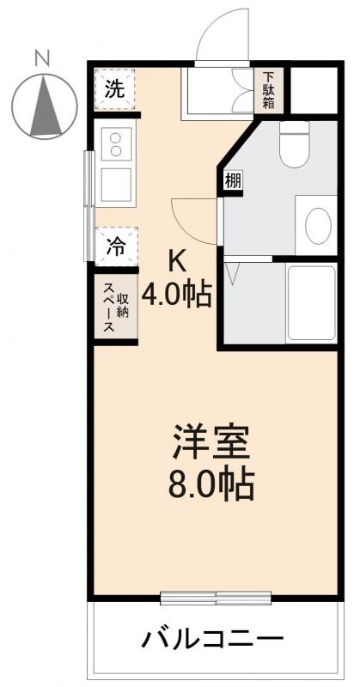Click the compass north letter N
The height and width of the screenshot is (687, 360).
pos(40,58)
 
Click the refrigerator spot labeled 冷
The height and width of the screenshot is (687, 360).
pos(115,246)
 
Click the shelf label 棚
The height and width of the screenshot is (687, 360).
pos(232,181)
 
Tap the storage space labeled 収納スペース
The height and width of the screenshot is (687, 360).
pos(115,308)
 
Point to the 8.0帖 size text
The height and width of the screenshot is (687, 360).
pos(211,486)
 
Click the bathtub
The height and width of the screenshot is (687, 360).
pos(312,304)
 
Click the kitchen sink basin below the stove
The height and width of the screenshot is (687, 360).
pos(116,184)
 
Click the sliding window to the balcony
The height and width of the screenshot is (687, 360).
pos(216,597)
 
